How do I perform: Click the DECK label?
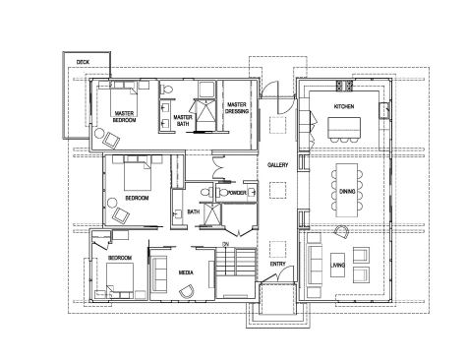83,62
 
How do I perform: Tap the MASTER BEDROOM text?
124,117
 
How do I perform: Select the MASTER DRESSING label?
237,108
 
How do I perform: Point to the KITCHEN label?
344,106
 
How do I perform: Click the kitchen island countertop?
344,128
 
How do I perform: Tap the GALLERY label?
277,165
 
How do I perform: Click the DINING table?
347,190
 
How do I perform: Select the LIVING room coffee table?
337,265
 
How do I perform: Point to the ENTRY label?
277,264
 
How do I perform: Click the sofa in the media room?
159,273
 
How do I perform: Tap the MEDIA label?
186,272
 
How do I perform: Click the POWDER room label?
237,193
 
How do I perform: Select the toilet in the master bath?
167,89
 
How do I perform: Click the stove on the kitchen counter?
344,86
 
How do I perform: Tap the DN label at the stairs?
225,244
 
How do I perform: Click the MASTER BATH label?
183,120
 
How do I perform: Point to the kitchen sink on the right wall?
383,110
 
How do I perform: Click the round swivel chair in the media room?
187,291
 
